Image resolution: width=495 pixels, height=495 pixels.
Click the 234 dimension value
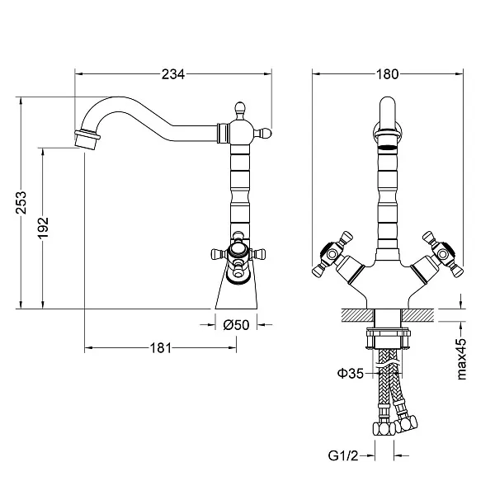click(172, 74)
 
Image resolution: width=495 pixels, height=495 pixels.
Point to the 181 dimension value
click(161, 348)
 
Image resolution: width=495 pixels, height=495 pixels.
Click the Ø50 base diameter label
click(237, 325)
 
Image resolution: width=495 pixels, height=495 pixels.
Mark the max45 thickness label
click(463, 358)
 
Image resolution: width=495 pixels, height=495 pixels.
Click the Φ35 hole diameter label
click(350, 375)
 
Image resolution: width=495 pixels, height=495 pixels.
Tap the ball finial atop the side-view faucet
click(238, 107)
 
